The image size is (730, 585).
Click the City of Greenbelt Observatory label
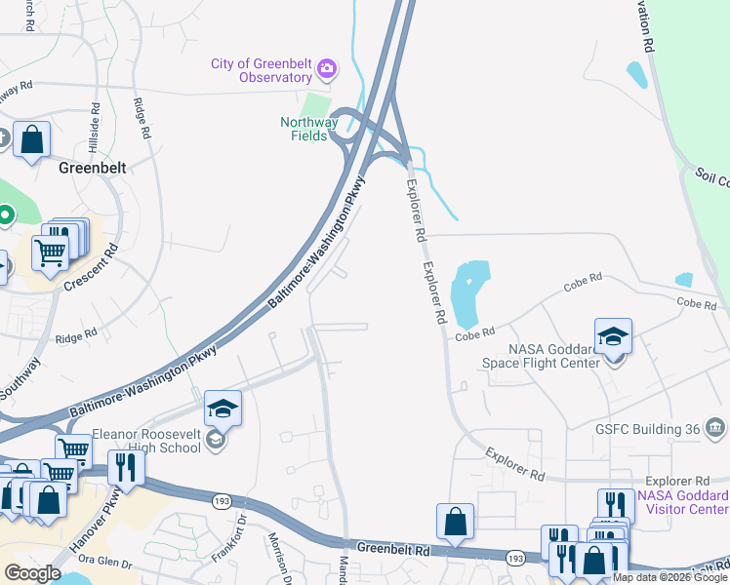coord(261,71)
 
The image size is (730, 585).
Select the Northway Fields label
coord(309,129)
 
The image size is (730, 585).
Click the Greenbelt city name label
coord(88,167)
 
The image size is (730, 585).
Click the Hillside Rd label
coord(95,125)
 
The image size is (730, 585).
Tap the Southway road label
coord(19,378)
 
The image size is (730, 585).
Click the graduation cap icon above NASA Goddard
coord(614,337)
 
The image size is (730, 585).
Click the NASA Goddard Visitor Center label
coord(682,502)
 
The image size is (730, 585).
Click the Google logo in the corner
coord(33,573)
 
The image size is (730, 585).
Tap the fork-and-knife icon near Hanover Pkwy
coord(126,468)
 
